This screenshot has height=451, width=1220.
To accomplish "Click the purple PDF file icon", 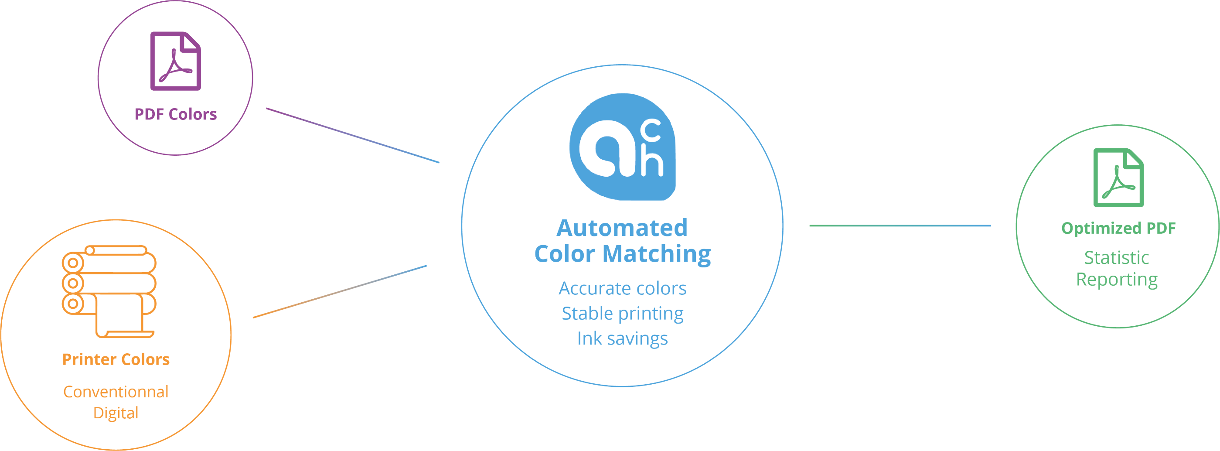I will (175, 61).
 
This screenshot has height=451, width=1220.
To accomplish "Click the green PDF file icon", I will (1118, 178).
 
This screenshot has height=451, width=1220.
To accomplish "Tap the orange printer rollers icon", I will (109, 291).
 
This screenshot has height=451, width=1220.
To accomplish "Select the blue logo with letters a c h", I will (622, 150).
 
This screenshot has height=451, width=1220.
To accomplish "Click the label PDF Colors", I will (176, 114).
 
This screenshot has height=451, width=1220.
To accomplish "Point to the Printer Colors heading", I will (116, 359).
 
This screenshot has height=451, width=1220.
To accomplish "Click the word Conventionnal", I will (116, 392).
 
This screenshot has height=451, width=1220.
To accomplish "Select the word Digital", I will (116, 413).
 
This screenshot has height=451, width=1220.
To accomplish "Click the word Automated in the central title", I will (622, 228).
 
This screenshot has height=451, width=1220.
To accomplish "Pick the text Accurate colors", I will (622, 288).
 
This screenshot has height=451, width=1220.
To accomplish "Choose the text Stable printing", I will (622, 314).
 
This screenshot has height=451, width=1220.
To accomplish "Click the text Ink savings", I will (622, 339).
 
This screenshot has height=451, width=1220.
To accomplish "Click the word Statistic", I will (1117, 258).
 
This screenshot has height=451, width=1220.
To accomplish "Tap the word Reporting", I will (1117, 280).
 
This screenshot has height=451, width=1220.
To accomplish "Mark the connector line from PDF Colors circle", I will (353, 136).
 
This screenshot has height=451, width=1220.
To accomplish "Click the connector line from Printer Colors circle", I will (340, 291).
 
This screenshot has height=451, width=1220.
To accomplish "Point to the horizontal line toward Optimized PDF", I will (900, 225).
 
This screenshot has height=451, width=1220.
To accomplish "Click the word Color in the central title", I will (564, 254).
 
